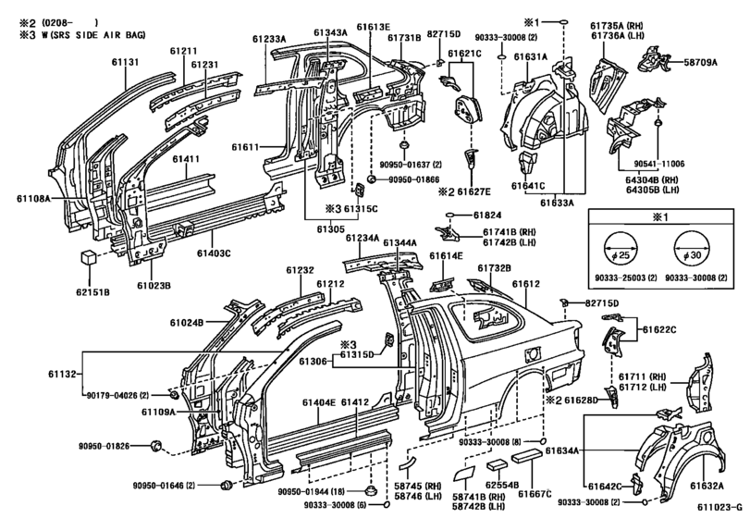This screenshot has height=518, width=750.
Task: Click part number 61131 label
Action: (126, 62)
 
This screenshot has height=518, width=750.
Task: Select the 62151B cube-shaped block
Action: (89, 257)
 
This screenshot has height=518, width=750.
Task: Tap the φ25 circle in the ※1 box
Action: (621, 249)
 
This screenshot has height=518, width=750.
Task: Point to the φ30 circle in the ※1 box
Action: (690, 249)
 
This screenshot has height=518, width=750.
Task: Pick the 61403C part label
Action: (214, 253)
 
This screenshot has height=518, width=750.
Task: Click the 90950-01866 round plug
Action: (370, 179)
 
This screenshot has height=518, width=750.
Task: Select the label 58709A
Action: (701, 62)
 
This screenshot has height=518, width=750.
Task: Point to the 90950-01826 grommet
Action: (155, 447)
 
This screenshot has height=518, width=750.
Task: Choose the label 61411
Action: (186, 159)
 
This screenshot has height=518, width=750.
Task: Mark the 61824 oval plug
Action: (450, 216)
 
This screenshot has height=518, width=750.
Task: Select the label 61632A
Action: (707, 487)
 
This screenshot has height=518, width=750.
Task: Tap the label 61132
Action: (62, 374)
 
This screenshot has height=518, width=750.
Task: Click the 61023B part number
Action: (154, 286)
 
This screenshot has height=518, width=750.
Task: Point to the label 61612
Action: (526, 284)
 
